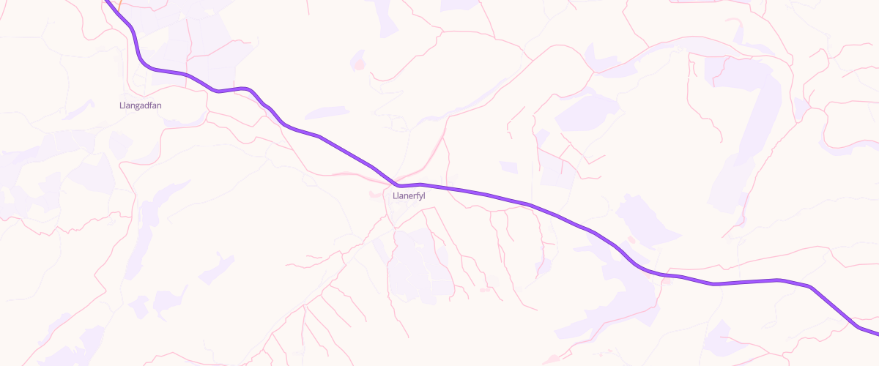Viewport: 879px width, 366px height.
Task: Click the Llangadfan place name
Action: coord(140,105)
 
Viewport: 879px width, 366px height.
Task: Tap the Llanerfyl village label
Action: coord(409,195)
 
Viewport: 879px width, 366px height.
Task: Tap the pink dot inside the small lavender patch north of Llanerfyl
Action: coord(358,64)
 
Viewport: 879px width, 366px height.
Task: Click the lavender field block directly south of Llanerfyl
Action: coord(418,264)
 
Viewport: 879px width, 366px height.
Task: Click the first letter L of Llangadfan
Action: coord(121,105)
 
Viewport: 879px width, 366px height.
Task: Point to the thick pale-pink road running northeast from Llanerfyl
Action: coord(432,150)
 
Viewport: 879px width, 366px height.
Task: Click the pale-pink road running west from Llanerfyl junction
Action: coord(344,175)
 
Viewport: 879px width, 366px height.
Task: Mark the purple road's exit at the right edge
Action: coord(876,333)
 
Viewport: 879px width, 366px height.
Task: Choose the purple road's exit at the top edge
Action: coord(105,1)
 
